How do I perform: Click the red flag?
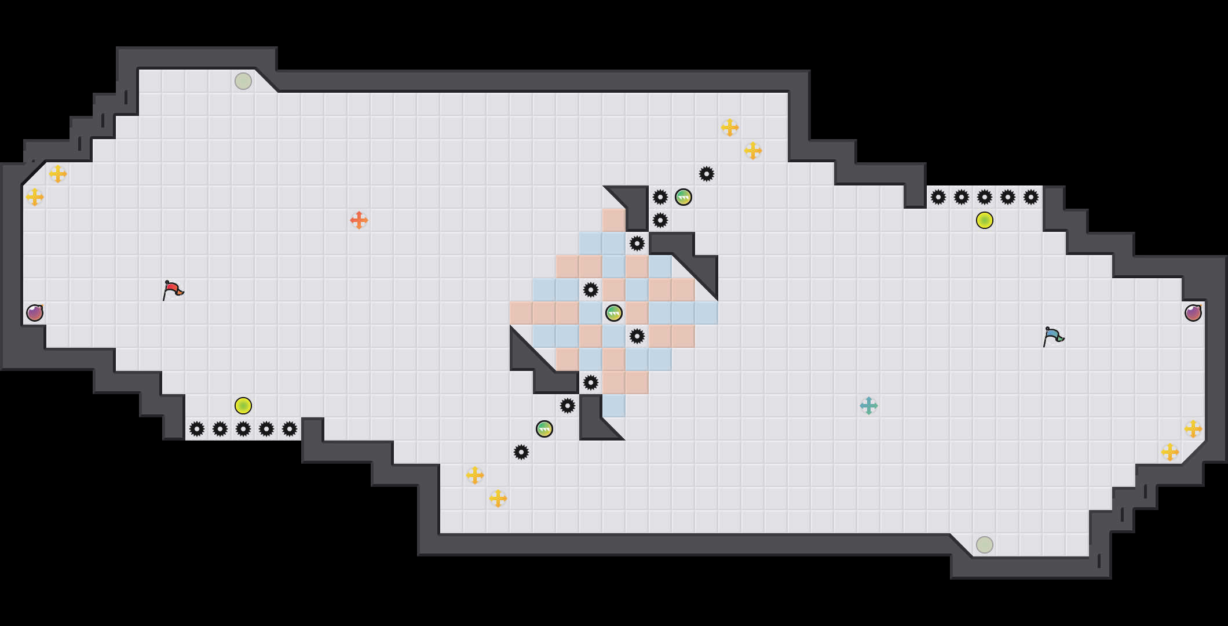[173, 290]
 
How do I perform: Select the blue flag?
[1053, 336]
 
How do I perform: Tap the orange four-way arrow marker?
[359, 220]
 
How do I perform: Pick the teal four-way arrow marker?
[869, 406]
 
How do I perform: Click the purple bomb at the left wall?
[35, 313]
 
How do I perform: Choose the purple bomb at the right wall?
[1193, 313]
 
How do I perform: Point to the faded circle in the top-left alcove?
[243, 81]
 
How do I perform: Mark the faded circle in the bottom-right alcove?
[985, 545]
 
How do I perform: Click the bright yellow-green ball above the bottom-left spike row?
[243, 406]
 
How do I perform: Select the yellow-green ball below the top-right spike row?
[985, 220]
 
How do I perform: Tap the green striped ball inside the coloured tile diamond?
[614, 313]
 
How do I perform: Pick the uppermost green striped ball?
[684, 197]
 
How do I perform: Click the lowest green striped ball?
[544, 429]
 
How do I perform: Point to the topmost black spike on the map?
[707, 174]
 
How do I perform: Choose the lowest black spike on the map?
[521, 452]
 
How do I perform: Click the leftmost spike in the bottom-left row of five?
[197, 429]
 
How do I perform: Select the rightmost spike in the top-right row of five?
[1031, 197]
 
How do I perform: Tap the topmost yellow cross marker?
[730, 128]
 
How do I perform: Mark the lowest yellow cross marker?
[498, 498]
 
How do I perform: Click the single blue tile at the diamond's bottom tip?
[614, 406]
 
